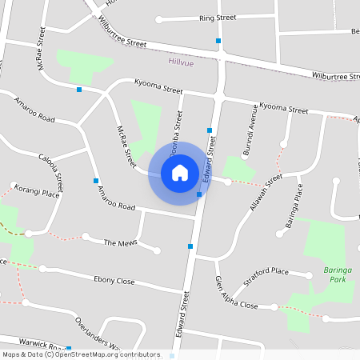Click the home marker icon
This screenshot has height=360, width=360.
click(180, 172)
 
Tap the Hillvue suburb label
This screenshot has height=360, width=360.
click(182, 62)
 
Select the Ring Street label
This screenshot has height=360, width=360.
click(218, 17)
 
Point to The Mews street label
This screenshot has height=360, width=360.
click(121, 242)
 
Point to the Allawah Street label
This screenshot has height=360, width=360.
click(266, 192)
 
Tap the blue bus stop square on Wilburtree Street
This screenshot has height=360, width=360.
click(218, 40)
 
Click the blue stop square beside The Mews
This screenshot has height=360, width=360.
click(190, 246)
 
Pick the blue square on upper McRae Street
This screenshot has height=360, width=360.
click(79, 90)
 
